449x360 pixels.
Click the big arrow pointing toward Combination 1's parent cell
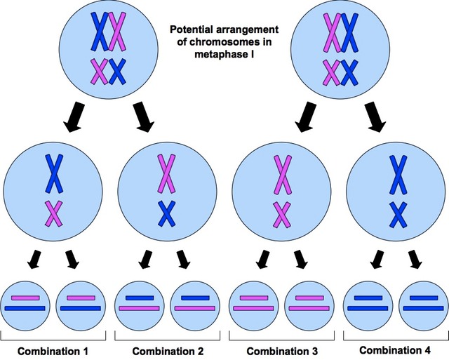pyautogui.click(x=74, y=120)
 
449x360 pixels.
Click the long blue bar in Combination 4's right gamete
pyautogui.click(x=423, y=307)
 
